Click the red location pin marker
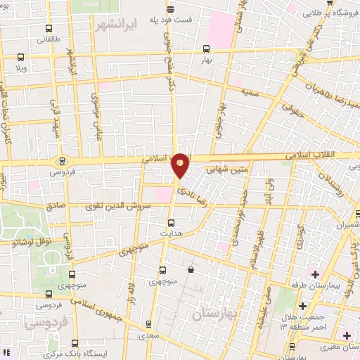pos(181,164)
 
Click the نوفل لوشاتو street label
pos(29,241)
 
